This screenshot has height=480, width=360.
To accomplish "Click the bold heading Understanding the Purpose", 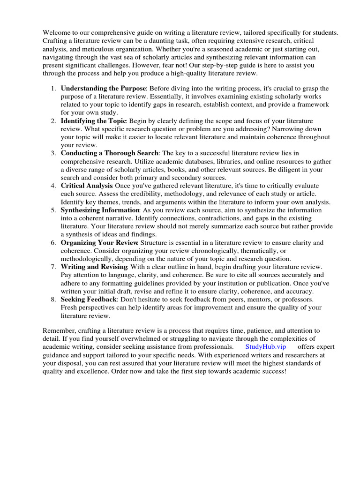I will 104,88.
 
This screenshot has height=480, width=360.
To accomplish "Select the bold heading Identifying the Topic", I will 94,121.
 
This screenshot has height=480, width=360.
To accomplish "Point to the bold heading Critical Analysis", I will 87,186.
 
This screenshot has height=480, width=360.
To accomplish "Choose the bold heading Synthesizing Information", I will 100,210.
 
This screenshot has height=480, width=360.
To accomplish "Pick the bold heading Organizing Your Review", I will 99,243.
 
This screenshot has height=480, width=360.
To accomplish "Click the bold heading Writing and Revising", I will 94,267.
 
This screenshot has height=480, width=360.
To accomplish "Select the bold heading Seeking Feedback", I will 89,299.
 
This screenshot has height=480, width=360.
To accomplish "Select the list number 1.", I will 53,88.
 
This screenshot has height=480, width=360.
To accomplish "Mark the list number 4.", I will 53,186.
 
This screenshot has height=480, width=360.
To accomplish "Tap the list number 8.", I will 53,299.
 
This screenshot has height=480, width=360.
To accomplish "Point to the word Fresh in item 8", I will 70,307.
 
